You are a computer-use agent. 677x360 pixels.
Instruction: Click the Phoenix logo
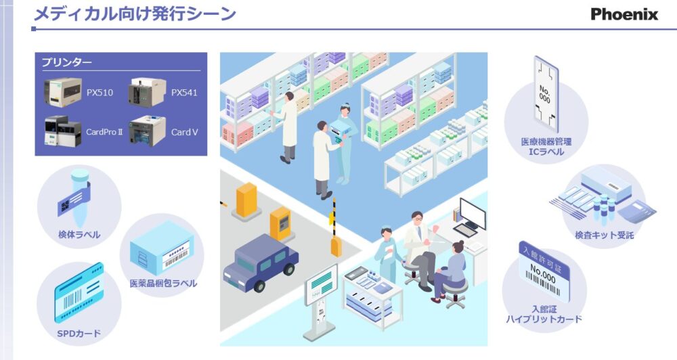pyautogui.click(x=624, y=14)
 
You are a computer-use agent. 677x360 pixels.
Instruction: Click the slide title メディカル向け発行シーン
pyautogui.click(x=135, y=14)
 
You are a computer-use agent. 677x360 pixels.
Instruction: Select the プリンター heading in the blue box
pyautogui.click(x=67, y=63)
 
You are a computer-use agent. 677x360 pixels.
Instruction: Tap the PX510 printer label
pyautogui.click(x=100, y=92)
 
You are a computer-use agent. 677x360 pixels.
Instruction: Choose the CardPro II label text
pyautogui.click(x=104, y=132)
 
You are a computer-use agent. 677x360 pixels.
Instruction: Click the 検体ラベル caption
pyautogui.click(x=79, y=235)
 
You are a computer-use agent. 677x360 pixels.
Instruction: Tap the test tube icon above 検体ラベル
pyautogui.click(x=77, y=196)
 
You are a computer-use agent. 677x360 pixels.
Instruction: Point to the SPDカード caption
pyautogui.click(x=79, y=333)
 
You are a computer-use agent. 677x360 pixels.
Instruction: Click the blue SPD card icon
pyautogui.click(x=78, y=295)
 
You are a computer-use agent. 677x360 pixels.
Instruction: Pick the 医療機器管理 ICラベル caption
pyautogui.click(x=546, y=147)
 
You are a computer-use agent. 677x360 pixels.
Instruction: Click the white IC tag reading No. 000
pyautogui.click(x=545, y=93)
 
